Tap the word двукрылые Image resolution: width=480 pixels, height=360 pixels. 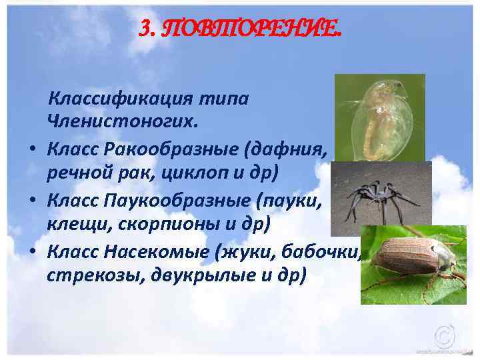pyautogui.click(x=195, y=275)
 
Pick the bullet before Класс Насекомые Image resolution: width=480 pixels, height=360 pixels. pyautogui.click(x=32, y=253)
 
